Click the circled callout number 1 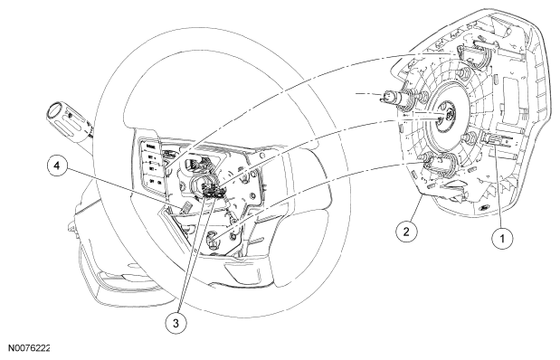pyautogui.click(x=502, y=238)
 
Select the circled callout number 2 pyautogui.click(x=406, y=232)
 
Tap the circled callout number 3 pyautogui.click(x=176, y=323)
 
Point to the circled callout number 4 pyautogui.click(x=56, y=166)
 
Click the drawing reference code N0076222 pyautogui.click(x=29, y=348)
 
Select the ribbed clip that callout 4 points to pyautogui.click(x=185, y=208)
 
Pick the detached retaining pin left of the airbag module pyautogui.click(x=391, y=98)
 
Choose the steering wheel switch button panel pyautogui.click(x=152, y=163)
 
